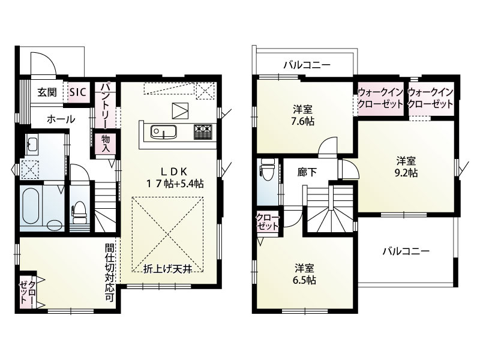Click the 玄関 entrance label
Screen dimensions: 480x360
point(47,92)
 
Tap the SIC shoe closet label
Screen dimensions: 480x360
point(78,92)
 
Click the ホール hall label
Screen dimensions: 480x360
point(61,119)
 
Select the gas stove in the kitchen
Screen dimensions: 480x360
point(202,131)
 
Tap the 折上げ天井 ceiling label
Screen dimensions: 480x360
point(168,269)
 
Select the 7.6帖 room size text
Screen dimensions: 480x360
point(303,122)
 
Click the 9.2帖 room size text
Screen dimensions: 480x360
point(406,173)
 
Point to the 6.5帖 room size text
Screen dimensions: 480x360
point(304,280)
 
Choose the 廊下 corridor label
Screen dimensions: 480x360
point(307,172)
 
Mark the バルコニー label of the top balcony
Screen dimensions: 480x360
point(307,65)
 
